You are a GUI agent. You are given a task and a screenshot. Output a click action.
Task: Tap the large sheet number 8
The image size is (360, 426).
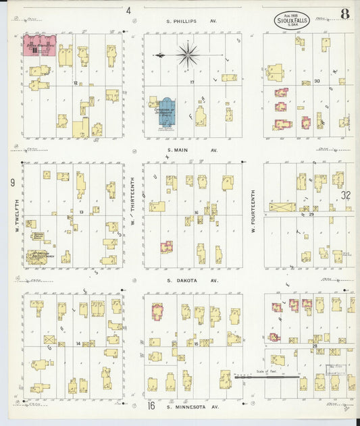pos(344,12)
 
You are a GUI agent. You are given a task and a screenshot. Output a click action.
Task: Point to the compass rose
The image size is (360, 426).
pos(187,53)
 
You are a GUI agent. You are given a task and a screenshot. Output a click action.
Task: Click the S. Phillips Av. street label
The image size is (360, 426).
pos(192,22)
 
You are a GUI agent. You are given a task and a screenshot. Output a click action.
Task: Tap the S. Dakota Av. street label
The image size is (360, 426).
pos(192,280)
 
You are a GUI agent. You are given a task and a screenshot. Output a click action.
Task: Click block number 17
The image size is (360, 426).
pos(192,82)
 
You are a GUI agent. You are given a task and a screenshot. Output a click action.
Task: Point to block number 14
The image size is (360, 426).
pos(78,344)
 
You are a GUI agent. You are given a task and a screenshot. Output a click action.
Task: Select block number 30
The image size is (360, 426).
pos(316,81)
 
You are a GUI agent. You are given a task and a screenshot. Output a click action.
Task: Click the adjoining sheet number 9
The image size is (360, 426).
pos(12,182)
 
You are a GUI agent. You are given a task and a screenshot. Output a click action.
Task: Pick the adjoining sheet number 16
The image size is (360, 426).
pos(151,406)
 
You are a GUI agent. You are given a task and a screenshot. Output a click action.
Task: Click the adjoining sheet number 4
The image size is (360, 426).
pos(128,10)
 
